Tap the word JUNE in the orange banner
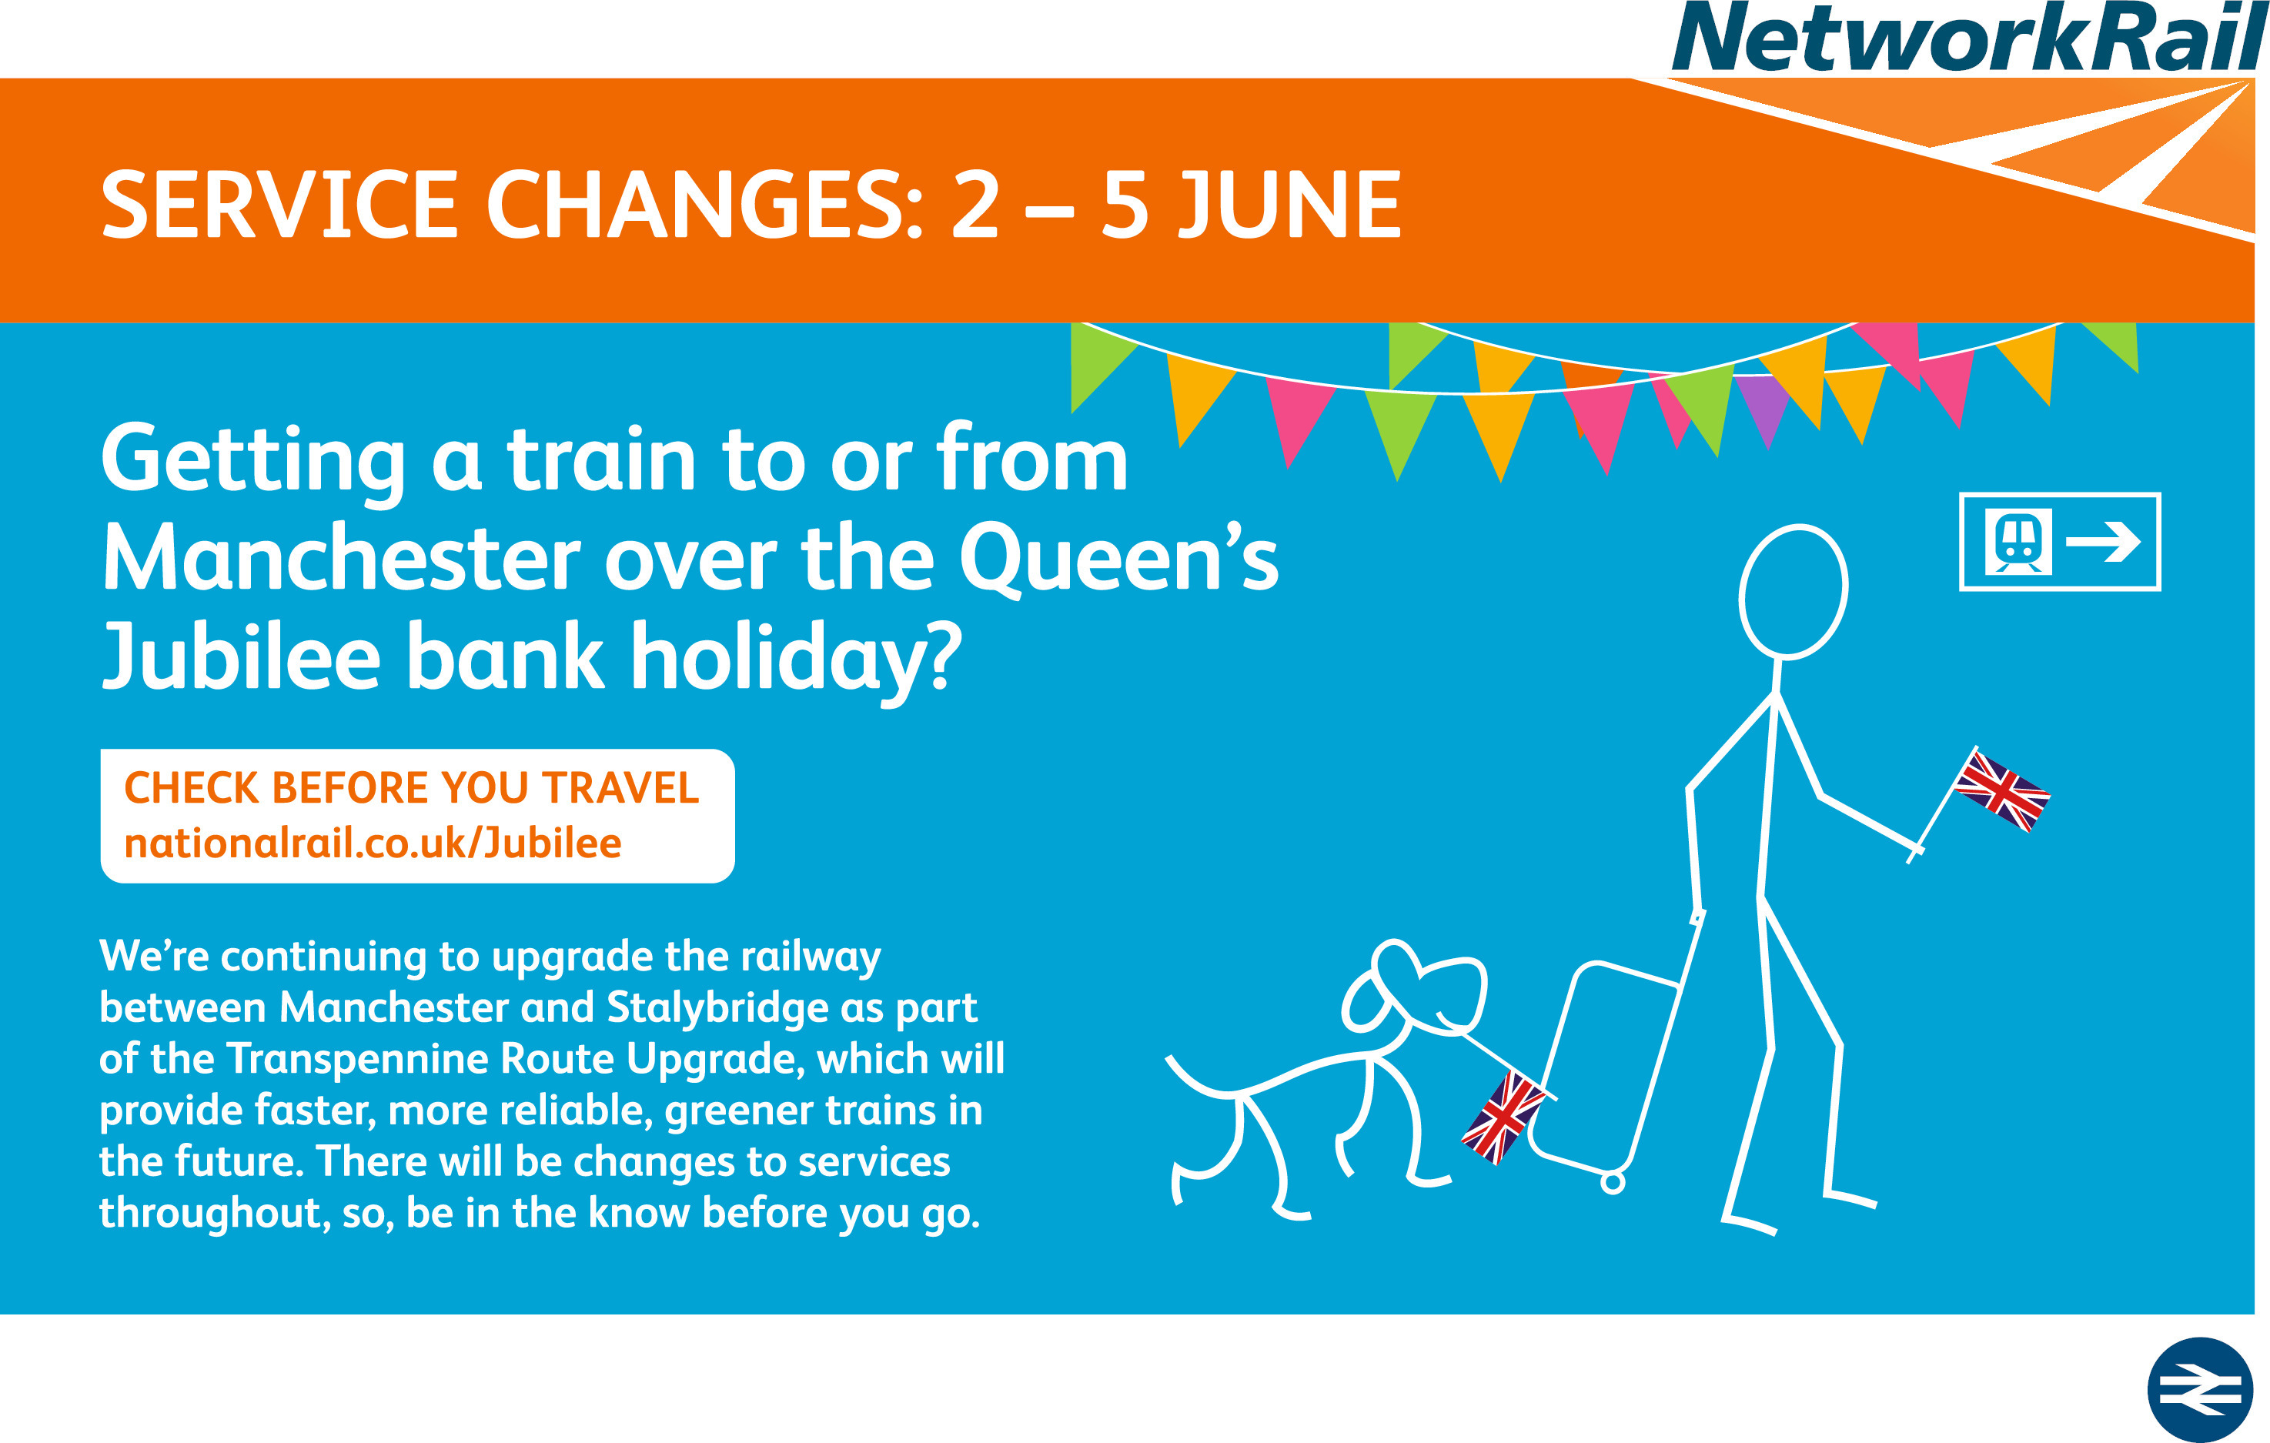(x=1291, y=205)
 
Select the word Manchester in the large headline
(x=340, y=559)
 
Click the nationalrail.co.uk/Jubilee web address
(x=373, y=843)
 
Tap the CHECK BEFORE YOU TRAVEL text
(x=412, y=788)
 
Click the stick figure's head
(x=1793, y=592)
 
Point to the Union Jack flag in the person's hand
(x=2002, y=790)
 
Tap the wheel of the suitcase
(x=1613, y=1182)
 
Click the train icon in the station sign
(x=2018, y=541)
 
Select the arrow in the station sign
(x=2103, y=542)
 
